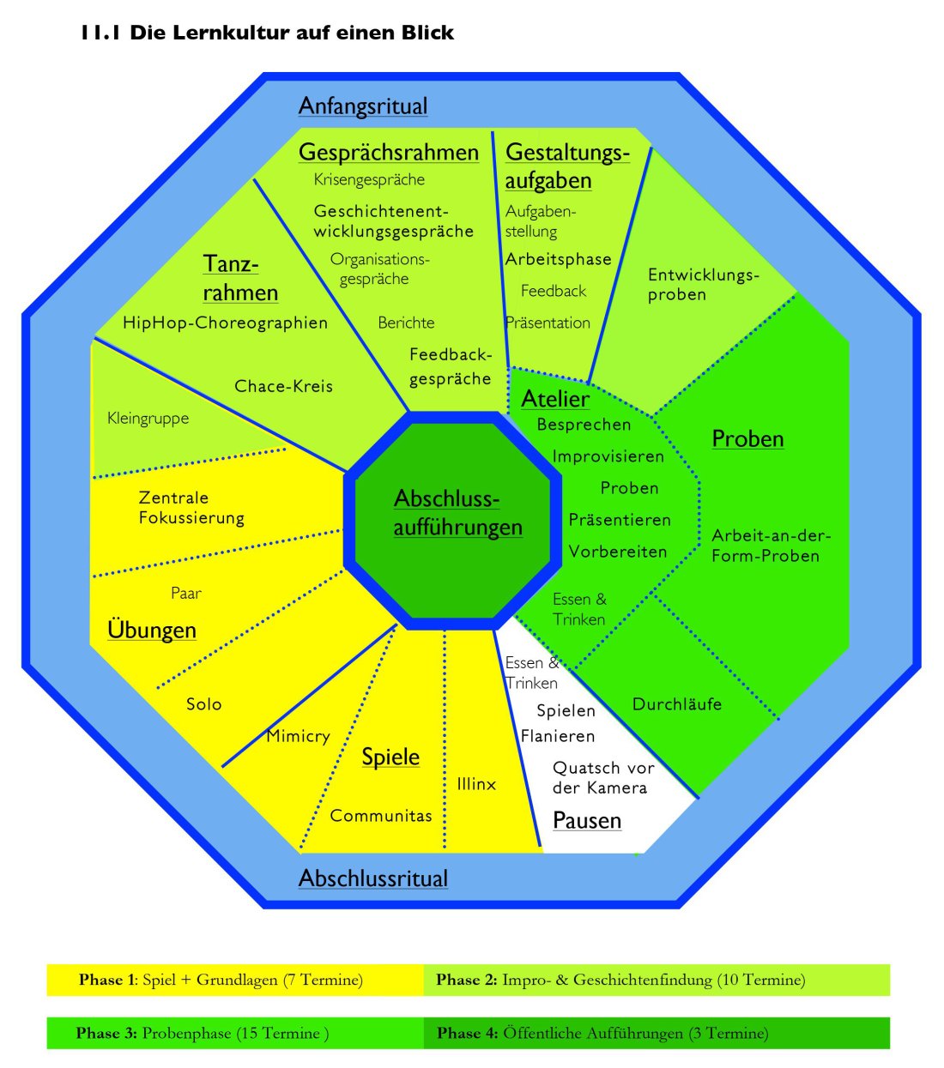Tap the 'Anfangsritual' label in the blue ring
[x=363, y=106]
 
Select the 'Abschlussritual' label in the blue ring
[x=373, y=878]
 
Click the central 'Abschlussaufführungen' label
[x=457, y=513]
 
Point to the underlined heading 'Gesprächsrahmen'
[x=389, y=153]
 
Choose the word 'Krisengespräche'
[x=369, y=179]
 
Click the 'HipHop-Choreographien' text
[x=225, y=323]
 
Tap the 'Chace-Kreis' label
[x=283, y=386]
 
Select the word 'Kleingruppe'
[x=148, y=419]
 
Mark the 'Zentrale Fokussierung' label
[x=191, y=508]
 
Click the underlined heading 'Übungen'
[x=152, y=630]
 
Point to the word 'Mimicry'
[x=298, y=736]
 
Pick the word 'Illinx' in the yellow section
[x=476, y=783]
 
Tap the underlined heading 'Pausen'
[x=587, y=820]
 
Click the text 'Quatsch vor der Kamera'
[x=602, y=778]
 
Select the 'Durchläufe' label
[x=677, y=704]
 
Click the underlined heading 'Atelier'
[x=555, y=399]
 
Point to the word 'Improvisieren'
[x=608, y=456]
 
